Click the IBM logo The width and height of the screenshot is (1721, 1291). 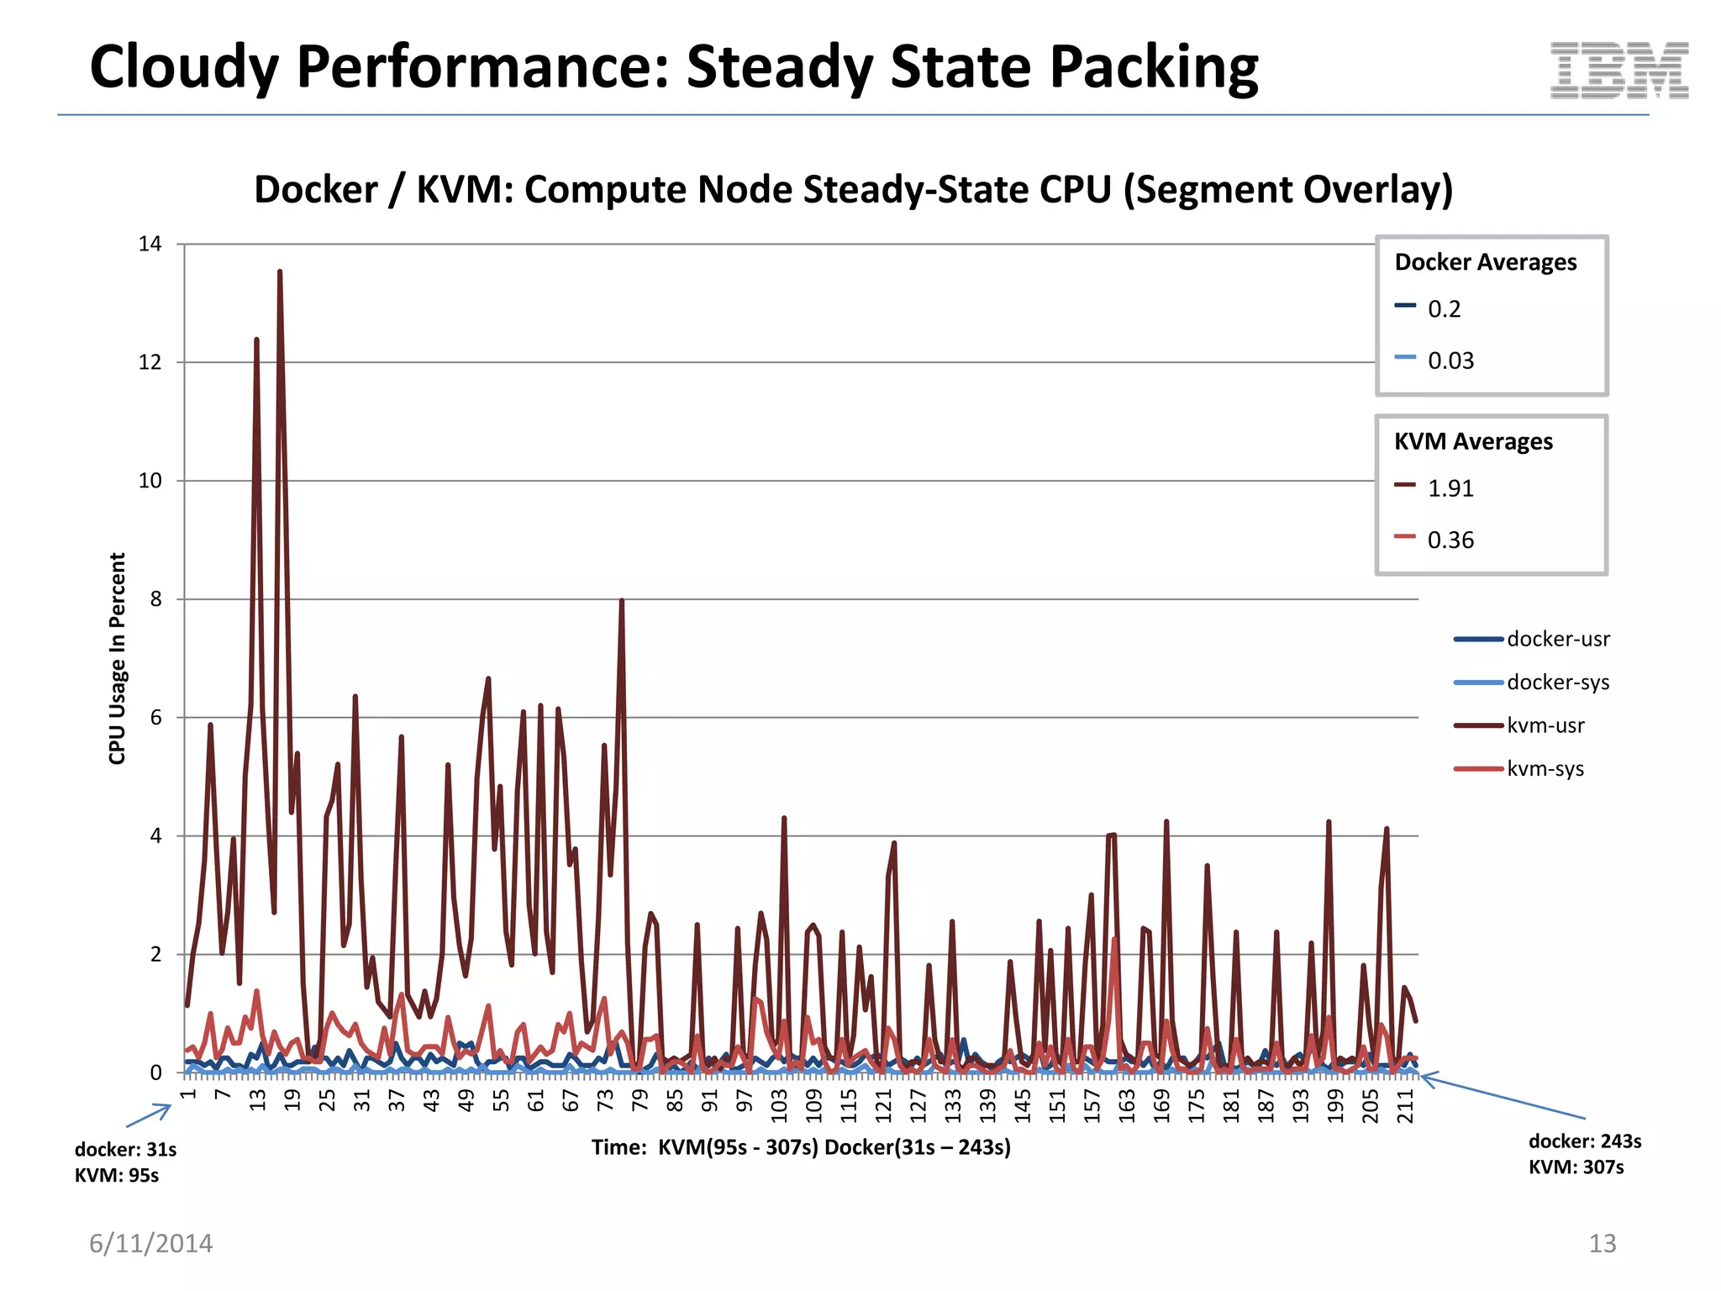1618,71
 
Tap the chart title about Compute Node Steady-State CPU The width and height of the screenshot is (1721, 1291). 853,189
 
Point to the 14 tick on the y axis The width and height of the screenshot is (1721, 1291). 150,244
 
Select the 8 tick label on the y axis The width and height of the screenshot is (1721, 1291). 155,599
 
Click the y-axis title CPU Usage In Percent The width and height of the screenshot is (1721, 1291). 117,658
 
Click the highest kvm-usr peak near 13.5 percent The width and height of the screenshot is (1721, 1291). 280,273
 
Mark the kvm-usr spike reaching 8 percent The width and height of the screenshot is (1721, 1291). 621,602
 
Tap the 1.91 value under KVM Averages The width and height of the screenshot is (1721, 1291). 1450,488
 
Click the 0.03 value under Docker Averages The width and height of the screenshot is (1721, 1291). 1450,361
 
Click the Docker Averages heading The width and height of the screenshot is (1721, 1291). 1485,262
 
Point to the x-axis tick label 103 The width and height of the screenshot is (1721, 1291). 779,1105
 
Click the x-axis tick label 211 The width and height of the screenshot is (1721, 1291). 1405,1105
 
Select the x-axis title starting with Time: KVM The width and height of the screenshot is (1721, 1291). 801,1147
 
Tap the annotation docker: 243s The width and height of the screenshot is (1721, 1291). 1584,1141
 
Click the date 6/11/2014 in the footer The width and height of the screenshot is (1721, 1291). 151,1243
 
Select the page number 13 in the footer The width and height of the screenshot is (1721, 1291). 1602,1243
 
